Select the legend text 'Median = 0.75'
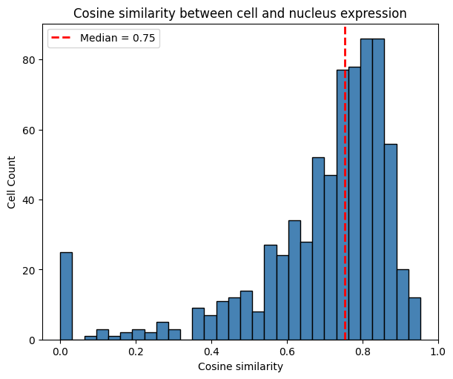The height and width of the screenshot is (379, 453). pos(117,39)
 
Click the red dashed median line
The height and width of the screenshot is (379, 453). pos(345,185)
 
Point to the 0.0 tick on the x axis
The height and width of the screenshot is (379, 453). pos(60,351)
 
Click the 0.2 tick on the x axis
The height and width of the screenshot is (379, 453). pos(136,351)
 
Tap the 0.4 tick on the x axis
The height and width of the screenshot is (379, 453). pos(211,351)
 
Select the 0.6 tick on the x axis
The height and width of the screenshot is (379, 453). pos(287,351)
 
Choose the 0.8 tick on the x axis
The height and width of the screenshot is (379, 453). pos(363,351)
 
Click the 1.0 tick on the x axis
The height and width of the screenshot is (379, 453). pos(438,351)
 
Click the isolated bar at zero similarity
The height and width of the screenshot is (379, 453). pos(66,297)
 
